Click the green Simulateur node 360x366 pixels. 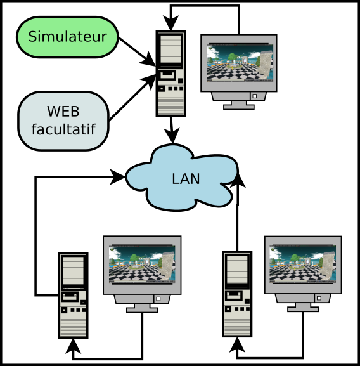67,37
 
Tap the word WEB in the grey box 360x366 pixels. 63,112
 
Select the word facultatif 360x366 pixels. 63,129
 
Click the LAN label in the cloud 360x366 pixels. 186,179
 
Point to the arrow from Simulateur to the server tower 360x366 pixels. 137,51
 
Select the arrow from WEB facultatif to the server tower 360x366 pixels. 132,98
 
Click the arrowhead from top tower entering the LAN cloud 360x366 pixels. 172,136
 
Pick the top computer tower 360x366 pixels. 171,74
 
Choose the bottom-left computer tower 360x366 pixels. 74,296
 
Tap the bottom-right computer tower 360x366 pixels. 237,294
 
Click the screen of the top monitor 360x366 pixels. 240,63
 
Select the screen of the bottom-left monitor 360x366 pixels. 142,265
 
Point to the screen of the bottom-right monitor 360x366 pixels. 303,264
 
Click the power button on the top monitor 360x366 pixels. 255,96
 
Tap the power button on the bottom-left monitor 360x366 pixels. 158,299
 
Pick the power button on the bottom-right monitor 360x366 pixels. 319,298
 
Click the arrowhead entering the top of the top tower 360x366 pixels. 171,23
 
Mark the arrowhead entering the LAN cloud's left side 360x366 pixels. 118,177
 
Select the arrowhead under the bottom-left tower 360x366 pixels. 74,346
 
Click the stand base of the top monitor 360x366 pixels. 239,107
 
